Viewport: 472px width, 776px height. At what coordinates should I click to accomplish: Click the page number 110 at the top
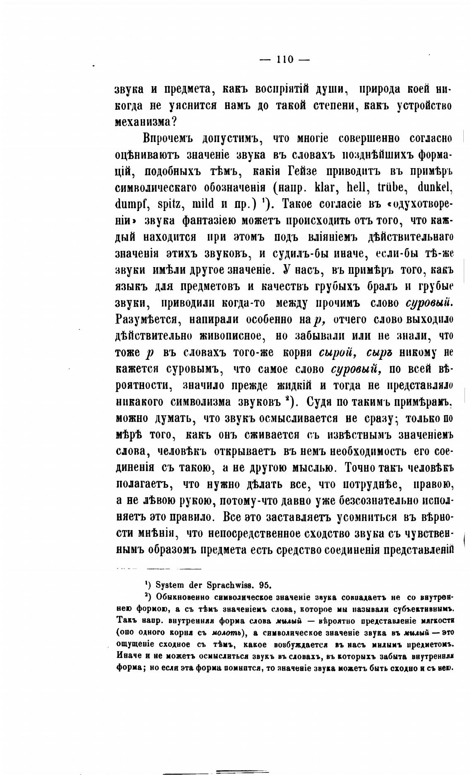pyautogui.click(x=285, y=60)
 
